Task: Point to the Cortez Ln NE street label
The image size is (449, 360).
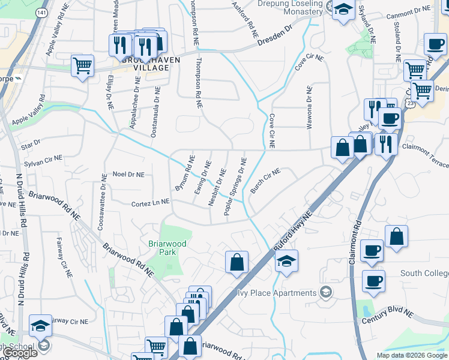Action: (x=150, y=204)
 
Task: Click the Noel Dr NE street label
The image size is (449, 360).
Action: (x=129, y=174)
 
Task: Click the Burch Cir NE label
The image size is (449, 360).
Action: (x=265, y=181)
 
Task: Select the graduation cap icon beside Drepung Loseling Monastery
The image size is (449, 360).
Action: (x=343, y=10)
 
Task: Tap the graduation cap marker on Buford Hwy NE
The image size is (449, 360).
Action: (x=287, y=261)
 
